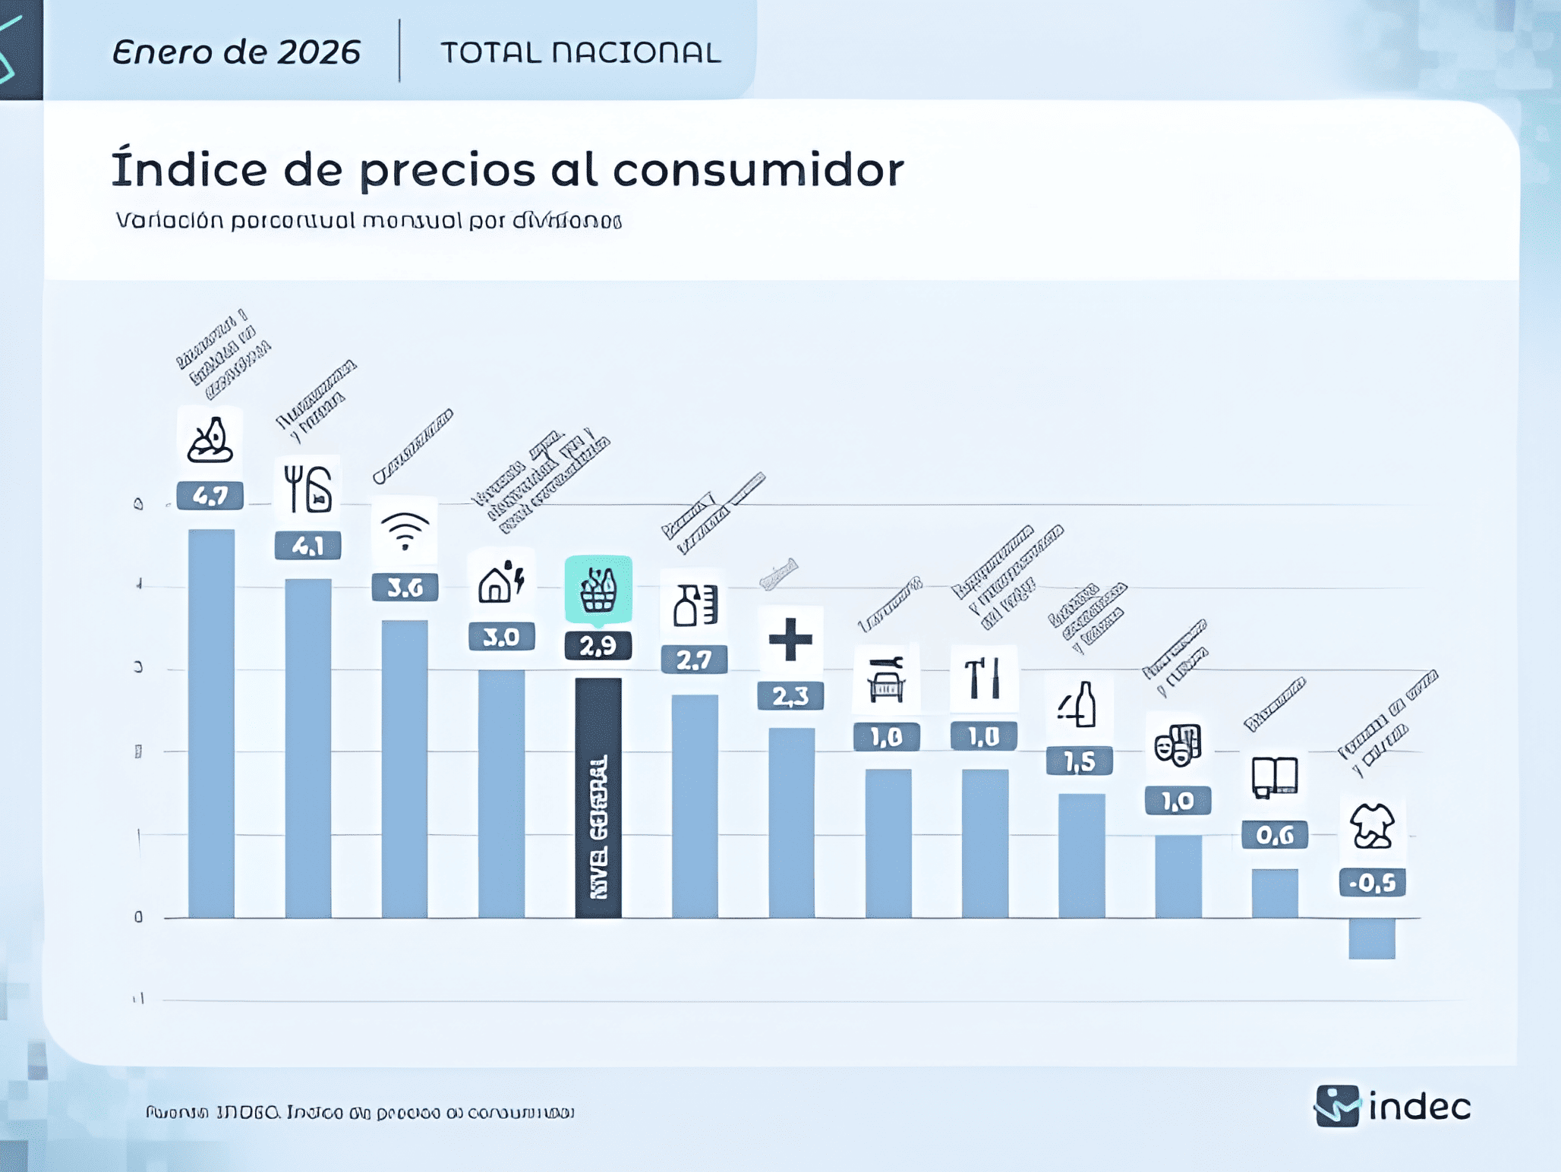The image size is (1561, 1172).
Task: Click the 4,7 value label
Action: (210, 496)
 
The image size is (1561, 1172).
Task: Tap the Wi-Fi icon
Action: (405, 531)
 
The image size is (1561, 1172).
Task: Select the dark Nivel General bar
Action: (598, 797)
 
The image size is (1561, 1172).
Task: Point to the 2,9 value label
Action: (598, 646)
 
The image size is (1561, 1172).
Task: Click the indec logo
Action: (1393, 1106)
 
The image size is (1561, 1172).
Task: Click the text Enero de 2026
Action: (236, 52)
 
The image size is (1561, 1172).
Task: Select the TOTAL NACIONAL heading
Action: (581, 52)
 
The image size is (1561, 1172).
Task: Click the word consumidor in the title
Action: (758, 169)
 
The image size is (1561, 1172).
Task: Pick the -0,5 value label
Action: (1373, 883)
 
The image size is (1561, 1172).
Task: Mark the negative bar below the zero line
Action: (1372, 939)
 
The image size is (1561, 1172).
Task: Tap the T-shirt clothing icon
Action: (1372, 826)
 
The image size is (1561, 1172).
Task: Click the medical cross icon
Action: (790, 639)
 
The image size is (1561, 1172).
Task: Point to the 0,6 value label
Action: (1275, 835)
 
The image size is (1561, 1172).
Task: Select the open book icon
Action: (1275, 777)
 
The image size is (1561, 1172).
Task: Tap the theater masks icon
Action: (1178, 745)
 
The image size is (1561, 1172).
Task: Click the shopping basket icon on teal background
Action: (598, 590)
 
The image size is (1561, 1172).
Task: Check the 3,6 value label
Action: (405, 588)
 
